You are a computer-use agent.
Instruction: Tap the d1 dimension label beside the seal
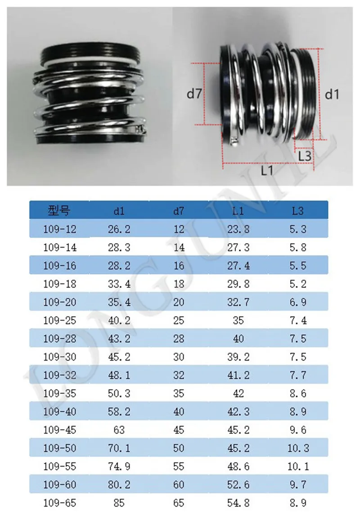332,95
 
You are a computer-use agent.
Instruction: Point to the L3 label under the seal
305,156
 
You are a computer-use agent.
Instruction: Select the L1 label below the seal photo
267,171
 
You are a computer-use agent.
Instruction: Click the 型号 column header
59,211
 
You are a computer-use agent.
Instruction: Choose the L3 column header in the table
297,211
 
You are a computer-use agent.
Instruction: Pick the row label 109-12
59,229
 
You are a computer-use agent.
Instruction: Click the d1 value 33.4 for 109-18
119,284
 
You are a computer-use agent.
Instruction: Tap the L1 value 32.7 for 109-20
238,302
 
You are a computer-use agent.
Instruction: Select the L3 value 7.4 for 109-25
298,321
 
